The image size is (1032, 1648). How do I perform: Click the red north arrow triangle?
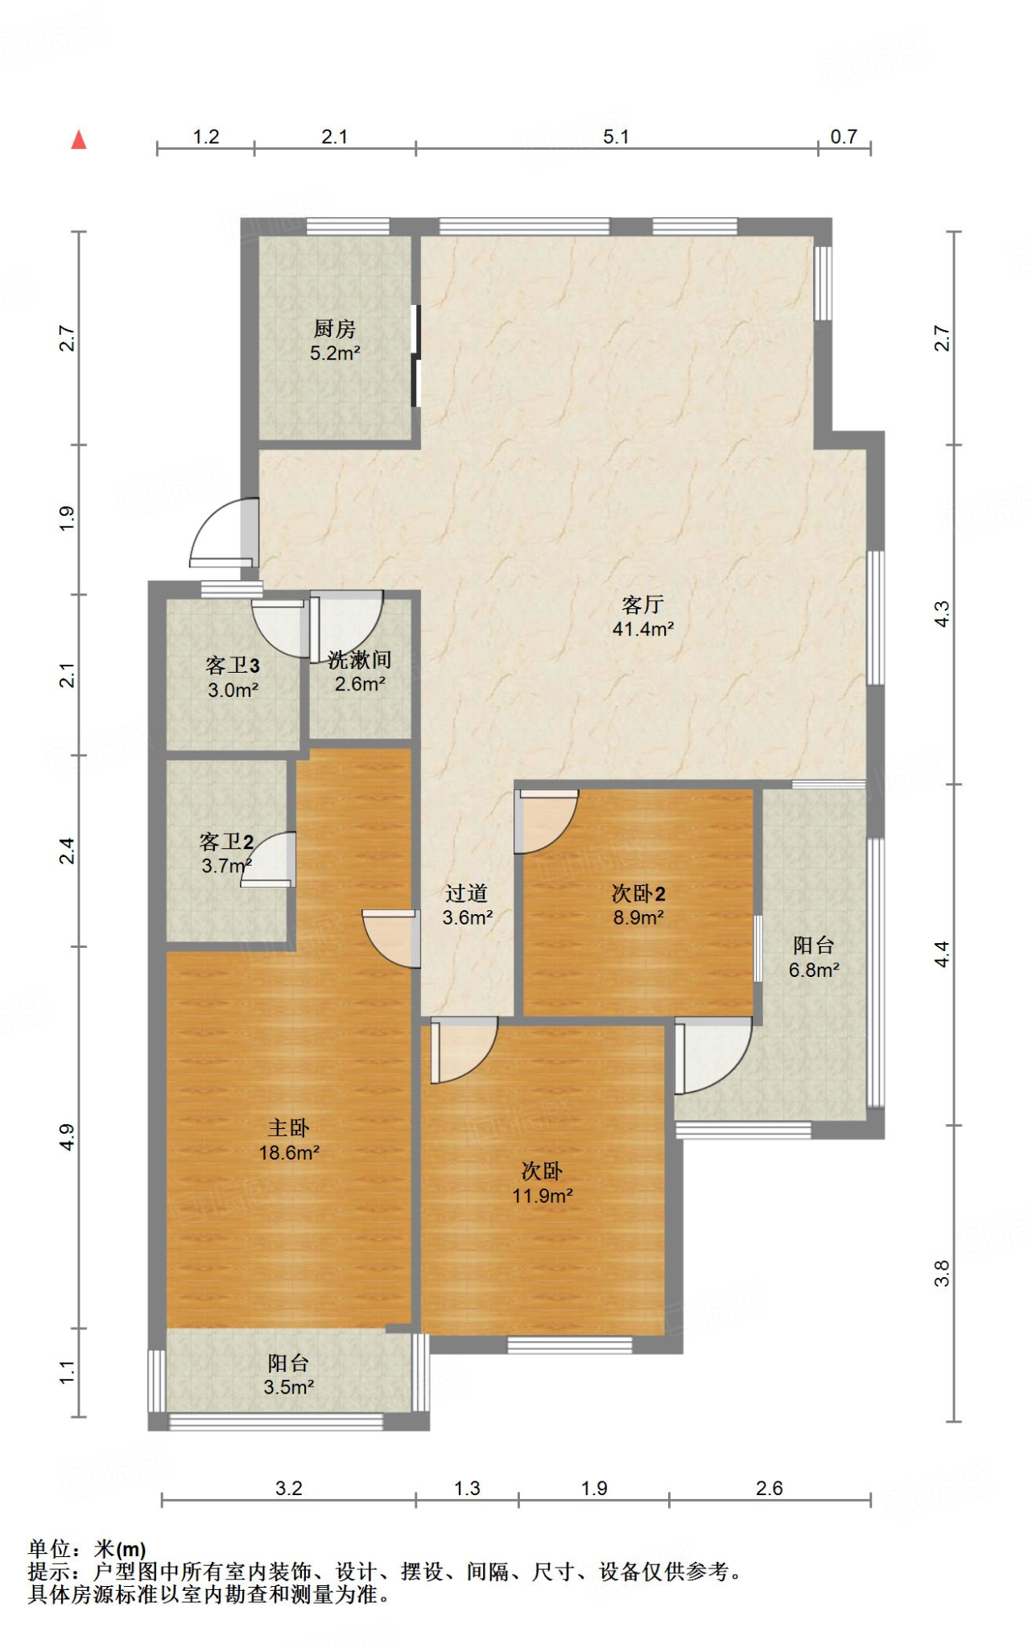[79, 140]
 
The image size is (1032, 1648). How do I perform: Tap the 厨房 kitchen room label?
[335, 328]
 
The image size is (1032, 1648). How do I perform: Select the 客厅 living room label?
[642, 604]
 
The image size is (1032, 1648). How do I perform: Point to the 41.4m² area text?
[643, 629]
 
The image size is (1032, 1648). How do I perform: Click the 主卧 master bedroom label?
[289, 1127]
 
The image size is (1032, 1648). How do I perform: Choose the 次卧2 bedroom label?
[638, 893]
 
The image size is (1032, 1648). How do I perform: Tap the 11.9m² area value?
[543, 1196]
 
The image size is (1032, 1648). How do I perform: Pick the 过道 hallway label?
[467, 893]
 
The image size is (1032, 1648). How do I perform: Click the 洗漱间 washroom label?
[360, 660]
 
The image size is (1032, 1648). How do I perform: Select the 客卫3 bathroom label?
[233, 665]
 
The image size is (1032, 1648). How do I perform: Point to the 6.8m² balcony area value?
[814, 970]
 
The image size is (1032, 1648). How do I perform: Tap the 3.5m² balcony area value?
[288, 1387]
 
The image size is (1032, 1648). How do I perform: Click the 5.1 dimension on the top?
[616, 137]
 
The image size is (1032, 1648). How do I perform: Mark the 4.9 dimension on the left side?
[67, 1137]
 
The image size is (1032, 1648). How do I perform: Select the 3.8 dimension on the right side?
[943, 1274]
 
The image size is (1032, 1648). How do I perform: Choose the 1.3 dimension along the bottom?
[467, 1489]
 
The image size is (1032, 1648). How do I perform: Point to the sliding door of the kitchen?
[415, 355]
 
